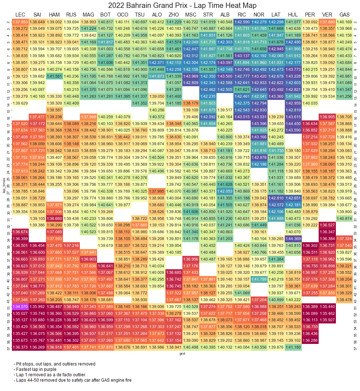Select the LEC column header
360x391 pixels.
click(20, 15)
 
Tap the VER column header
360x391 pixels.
click(327, 15)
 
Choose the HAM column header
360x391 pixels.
click(54, 15)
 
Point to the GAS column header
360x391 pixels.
click(344, 15)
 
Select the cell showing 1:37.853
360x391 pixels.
click(20, 22)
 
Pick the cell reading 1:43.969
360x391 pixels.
click(191, 76)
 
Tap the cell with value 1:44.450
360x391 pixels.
click(293, 124)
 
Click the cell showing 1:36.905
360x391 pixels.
click(327, 117)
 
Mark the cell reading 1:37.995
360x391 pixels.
click(157, 191)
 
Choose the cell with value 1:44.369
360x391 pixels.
click(293, 239)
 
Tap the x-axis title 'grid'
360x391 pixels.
click(182, 354)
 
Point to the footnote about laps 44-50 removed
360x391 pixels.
click(70, 380)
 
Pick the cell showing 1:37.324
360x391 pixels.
click(344, 239)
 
